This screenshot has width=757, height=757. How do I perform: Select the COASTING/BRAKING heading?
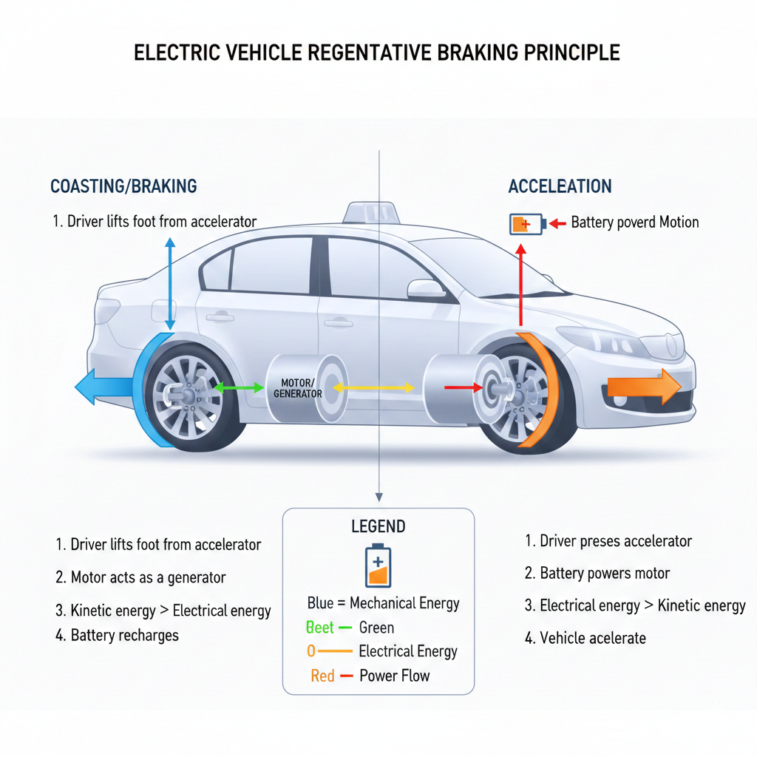(123, 186)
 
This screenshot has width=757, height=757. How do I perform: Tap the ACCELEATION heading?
(560, 186)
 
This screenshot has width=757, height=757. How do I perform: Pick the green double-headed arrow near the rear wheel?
(238, 387)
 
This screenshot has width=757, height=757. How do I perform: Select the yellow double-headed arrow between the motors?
(373, 387)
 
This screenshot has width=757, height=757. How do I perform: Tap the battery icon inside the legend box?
(378, 566)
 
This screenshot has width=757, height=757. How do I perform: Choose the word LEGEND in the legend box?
(378, 526)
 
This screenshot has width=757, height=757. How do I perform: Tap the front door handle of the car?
(338, 322)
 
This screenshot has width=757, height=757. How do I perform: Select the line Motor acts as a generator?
(140, 577)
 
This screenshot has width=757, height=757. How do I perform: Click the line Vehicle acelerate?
(585, 638)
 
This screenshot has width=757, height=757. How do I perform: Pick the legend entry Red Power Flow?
(370, 676)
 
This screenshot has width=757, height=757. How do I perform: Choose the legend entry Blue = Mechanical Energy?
(383, 603)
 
